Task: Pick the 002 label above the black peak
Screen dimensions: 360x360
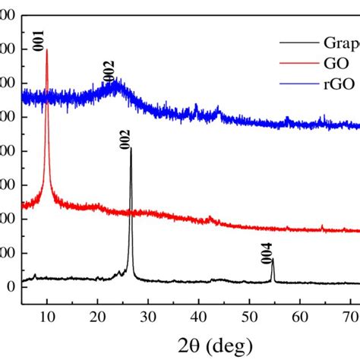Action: (125, 138)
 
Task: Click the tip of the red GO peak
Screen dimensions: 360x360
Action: (47, 50)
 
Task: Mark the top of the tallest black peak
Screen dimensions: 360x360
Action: (131, 149)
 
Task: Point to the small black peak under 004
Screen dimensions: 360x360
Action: (272, 261)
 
